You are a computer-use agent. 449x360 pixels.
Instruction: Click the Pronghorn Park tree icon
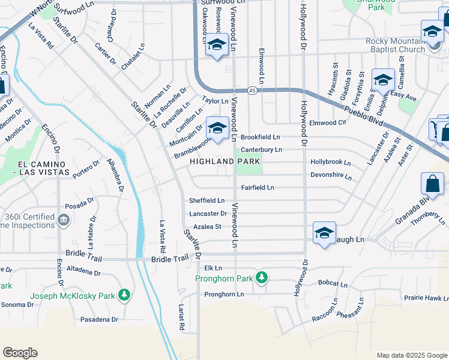pos(262,277)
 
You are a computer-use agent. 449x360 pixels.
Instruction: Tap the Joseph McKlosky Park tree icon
pos(124,295)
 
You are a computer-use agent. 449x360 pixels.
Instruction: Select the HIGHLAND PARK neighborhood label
pos(225,161)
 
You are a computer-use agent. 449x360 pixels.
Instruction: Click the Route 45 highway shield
pos(252,90)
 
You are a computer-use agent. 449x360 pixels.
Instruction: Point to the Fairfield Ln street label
pos(258,188)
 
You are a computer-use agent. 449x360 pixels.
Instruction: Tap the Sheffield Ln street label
pos(206,200)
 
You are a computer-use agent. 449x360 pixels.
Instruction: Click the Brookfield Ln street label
pos(260,137)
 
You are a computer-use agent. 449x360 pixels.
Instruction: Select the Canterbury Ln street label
pos(261,150)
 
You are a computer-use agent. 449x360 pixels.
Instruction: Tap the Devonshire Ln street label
pos(331,175)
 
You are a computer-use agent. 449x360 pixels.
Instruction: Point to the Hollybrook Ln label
pos(331,163)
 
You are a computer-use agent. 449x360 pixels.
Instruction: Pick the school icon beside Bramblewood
pos(217,128)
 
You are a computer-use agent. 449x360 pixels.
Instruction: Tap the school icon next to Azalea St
pos(324,233)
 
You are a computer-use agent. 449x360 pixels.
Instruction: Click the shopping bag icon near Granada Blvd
pos(432,184)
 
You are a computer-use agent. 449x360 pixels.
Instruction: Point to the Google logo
pos(20,353)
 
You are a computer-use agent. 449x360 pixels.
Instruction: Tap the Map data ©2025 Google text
pos(411,355)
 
